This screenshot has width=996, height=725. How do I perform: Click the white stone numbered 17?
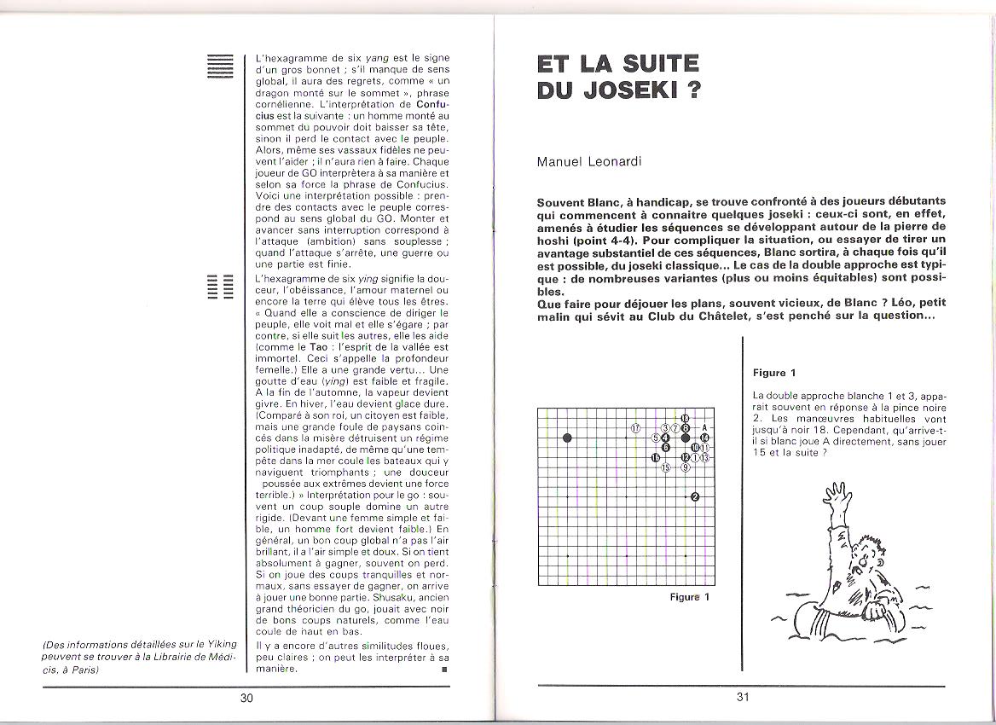pyautogui.click(x=635, y=427)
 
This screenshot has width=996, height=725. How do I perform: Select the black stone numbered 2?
pyautogui.click(x=695, y=497)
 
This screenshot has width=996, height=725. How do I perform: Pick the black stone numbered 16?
pyautogui.click(x=656, y=457)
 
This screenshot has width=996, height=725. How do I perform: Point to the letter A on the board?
pyautogui.click(x=704, y=427)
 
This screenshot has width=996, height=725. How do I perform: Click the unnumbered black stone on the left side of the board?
pyautogui.click(x=568, y=438)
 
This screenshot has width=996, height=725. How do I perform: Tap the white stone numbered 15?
pyautogui.click(x=667, y=467)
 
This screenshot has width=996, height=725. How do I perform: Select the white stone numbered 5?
pyautogui.click(x=656, y=438)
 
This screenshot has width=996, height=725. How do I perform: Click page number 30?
pyautogui.click(x=246, y=698)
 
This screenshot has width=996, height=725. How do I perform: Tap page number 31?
pyautogui.click(x=742, y=698)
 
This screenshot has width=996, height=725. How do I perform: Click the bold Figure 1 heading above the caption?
pyautogui.click(x=774, y=373)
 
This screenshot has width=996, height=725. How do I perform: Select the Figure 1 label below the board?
pyautogui.click(x=689, y=597)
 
